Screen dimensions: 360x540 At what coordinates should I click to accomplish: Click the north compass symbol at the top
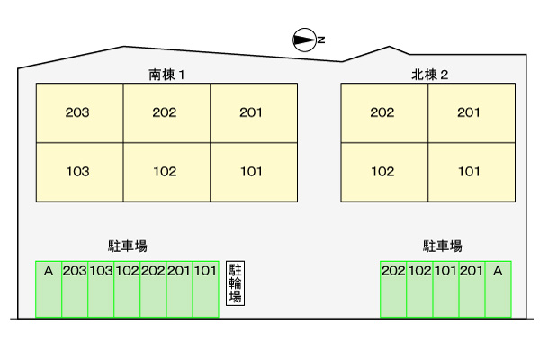(x=306, y=40)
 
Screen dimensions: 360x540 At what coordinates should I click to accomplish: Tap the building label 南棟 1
(x=166, y=75)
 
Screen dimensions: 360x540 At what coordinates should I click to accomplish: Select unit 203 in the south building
(x=78, y=113)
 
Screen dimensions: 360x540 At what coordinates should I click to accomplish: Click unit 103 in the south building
(x=78, y=171)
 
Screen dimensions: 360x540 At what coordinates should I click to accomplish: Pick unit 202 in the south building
(x=166, y=113)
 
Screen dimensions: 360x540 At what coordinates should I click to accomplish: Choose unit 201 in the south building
(x=253, y=113)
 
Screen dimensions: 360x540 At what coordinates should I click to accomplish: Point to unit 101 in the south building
(x=253, y=171)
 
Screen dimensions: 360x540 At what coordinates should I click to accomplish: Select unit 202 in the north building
(x=383, y=113)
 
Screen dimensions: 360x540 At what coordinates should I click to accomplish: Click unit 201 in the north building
(x=470, y=113)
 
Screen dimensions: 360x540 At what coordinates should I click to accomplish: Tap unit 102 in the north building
(x=383, y=171)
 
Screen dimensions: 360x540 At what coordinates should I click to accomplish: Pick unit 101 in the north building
(x=470, y=171)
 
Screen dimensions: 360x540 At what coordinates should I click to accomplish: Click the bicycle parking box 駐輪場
(x=236, y=283)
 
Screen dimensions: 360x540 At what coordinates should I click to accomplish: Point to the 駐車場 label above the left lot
(x=127, y=246)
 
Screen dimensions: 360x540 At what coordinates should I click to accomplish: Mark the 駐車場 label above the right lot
(x=443, y=246)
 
